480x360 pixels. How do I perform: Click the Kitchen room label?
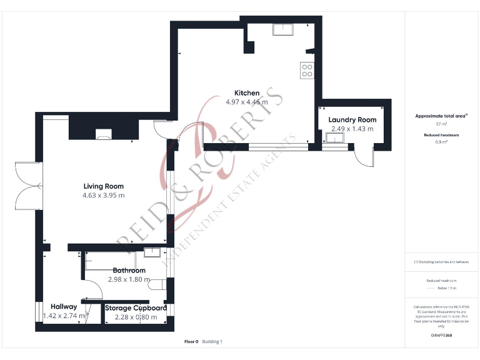[247, 93]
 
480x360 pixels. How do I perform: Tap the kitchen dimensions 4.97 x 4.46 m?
[247, 102]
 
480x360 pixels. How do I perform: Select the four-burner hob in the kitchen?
[307, 71]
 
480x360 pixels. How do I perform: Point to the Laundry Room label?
[352, 119]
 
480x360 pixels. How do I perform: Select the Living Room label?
[104, 186]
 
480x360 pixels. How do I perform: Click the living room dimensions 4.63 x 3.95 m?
[104, 195]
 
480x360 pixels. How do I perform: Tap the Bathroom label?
[129, 271]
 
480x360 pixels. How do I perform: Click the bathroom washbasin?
[152, 252]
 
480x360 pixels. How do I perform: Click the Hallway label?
[64, 307]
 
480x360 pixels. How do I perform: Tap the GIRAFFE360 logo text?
[441, 336]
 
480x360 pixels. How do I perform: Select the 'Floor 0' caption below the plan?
[191, 342]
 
